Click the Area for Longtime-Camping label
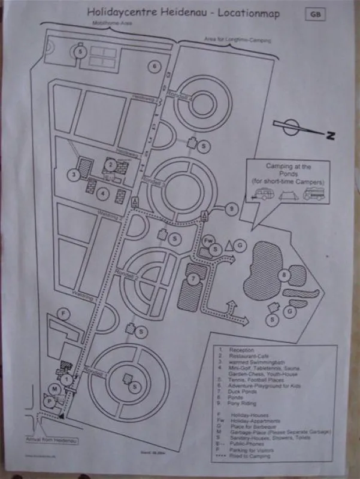237,41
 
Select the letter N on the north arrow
330,136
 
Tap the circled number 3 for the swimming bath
73,175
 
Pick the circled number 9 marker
232,209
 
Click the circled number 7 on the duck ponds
192,279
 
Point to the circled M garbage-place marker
55,390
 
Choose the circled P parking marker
49,402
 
